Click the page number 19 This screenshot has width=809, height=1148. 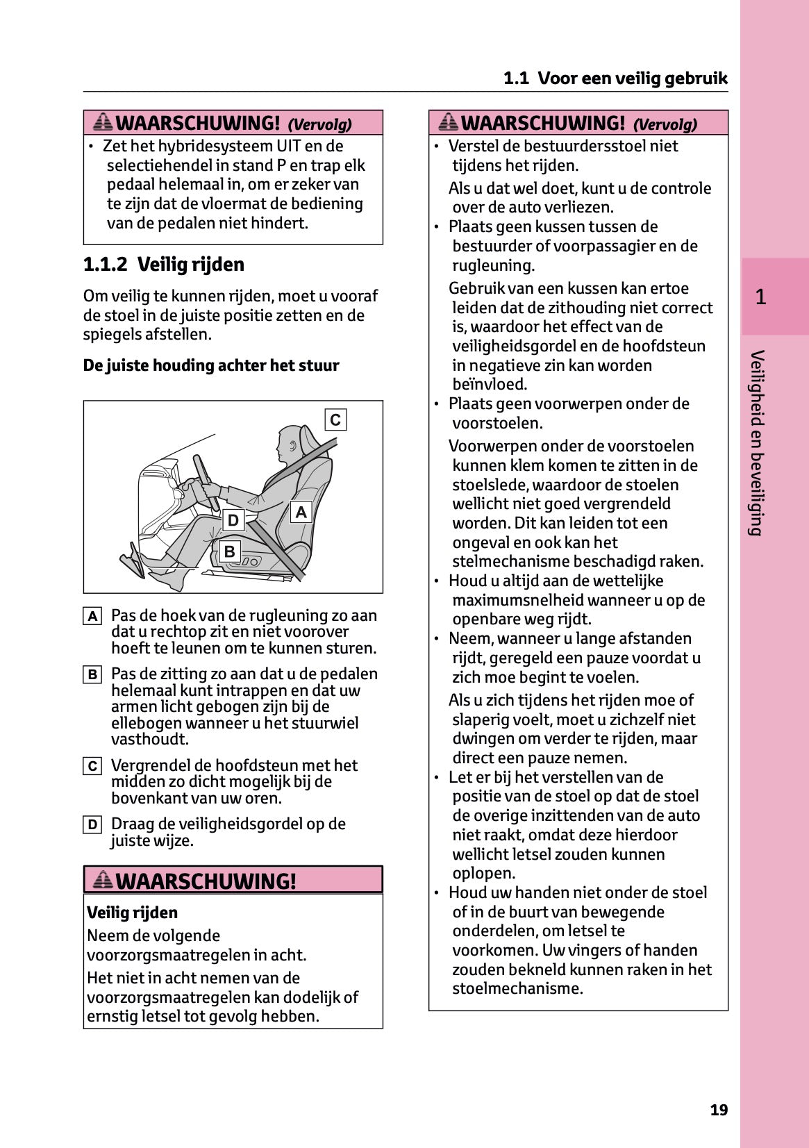pos(719,1110)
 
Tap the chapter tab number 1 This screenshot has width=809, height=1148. pos(760,297)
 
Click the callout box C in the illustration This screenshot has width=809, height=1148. pos(335,419)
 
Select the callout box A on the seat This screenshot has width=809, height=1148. pos(301,513)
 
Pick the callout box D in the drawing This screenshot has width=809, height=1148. pos(233,520)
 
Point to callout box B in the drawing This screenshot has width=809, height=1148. pos(229,552)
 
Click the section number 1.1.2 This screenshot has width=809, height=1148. pos(105,265)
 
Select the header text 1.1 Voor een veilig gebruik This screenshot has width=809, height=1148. pos(615,78)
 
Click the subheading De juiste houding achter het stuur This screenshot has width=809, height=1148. pos(211,365)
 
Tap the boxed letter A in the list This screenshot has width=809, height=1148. pos(92,616)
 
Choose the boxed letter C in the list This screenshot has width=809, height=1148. pos(92,766)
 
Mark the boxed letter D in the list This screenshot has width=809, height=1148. pos(92,824)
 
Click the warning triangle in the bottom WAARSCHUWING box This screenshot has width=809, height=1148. pos(103,880)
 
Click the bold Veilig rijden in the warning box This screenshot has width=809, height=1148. pos(132,913)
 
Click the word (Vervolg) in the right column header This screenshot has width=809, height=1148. pos(665,124)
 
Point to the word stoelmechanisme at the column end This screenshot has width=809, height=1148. pos(517,988)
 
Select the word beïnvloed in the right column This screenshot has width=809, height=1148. pos(490,385)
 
